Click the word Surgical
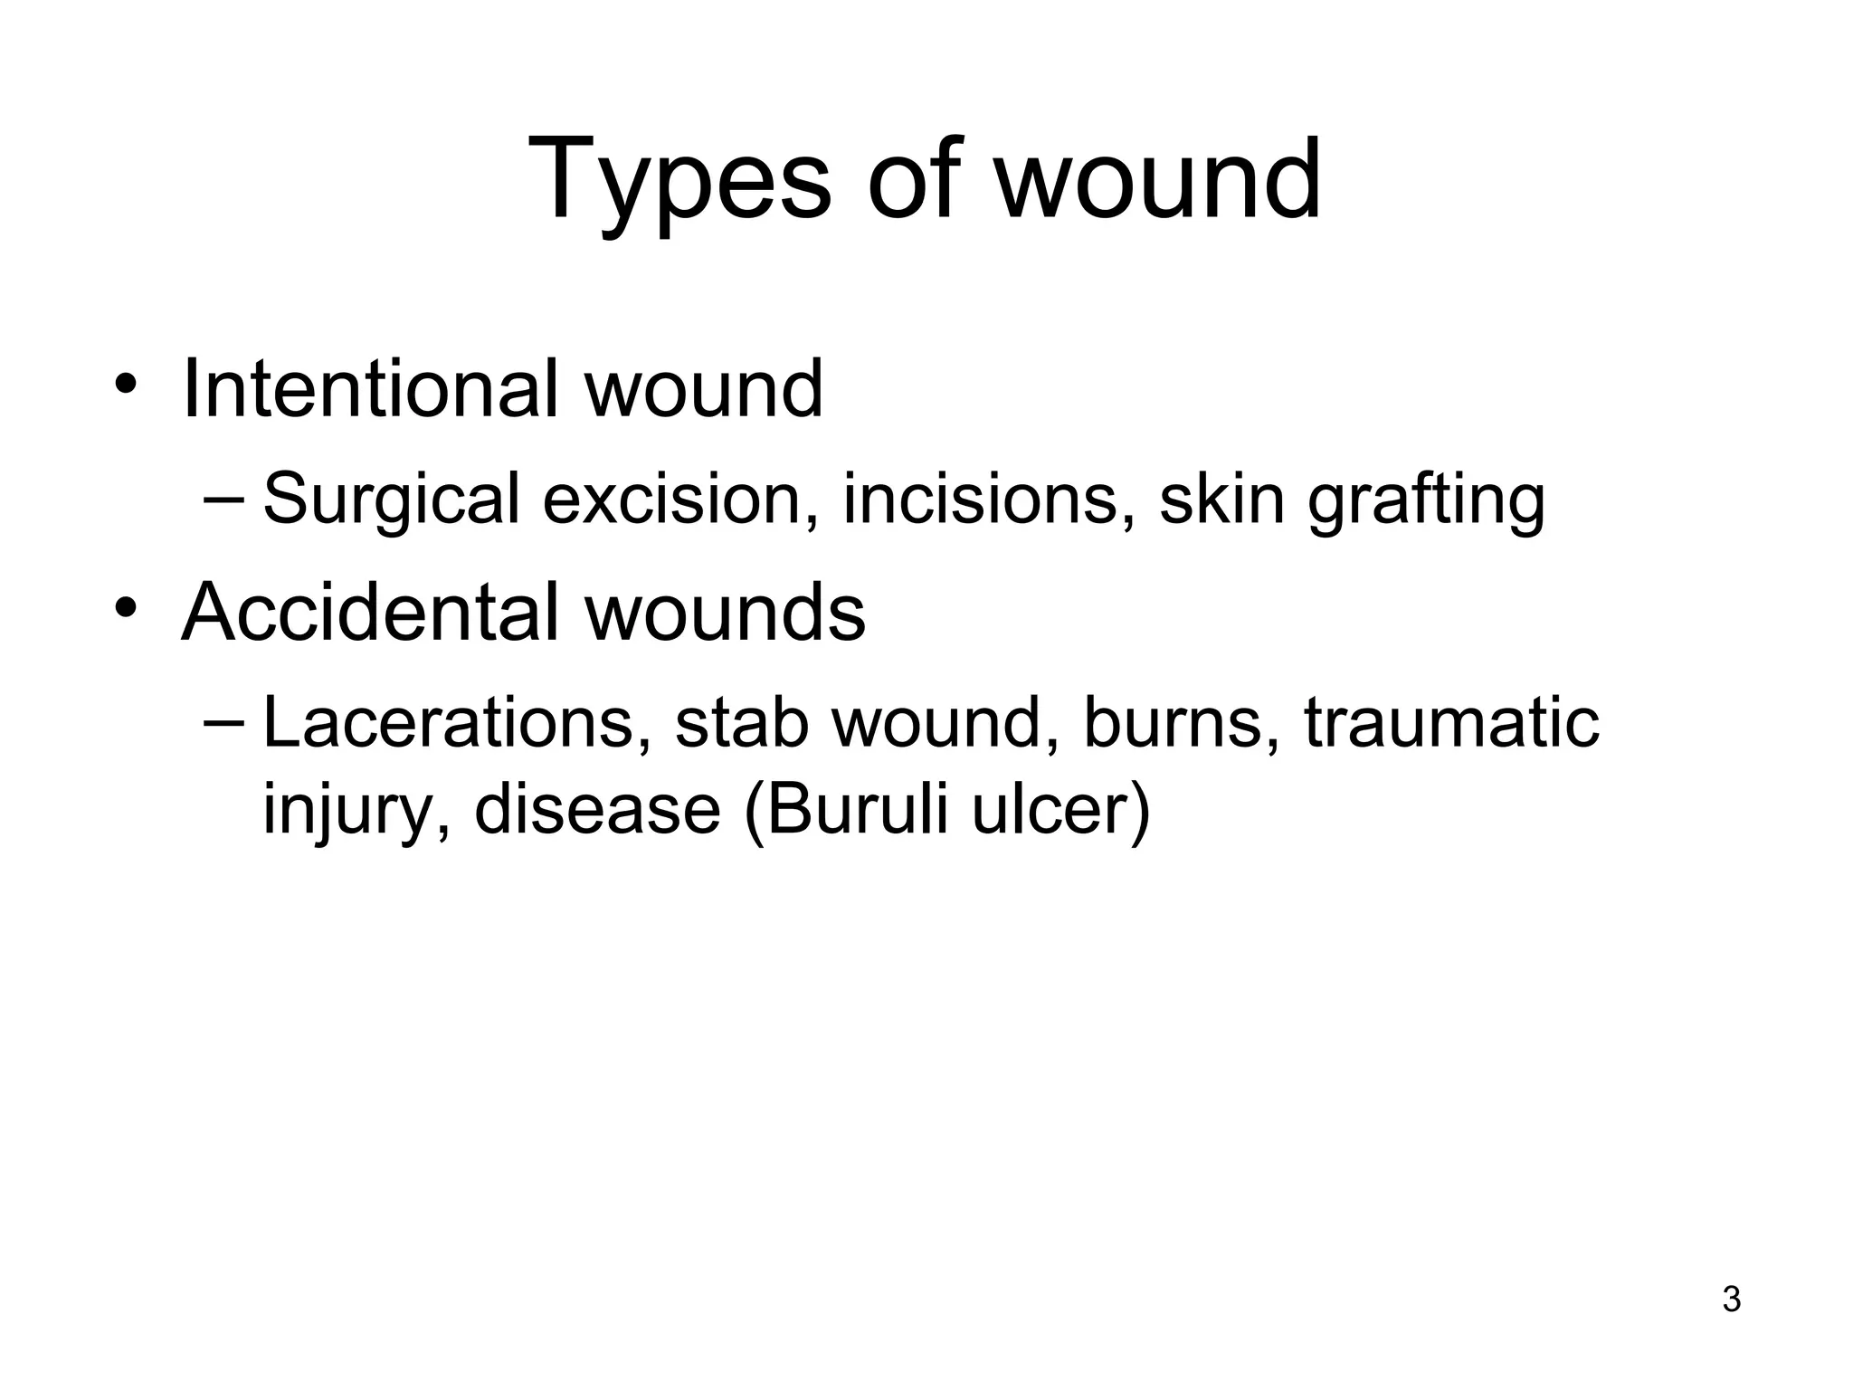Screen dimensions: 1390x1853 (391, 500)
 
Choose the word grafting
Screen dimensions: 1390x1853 (1426, 500)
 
